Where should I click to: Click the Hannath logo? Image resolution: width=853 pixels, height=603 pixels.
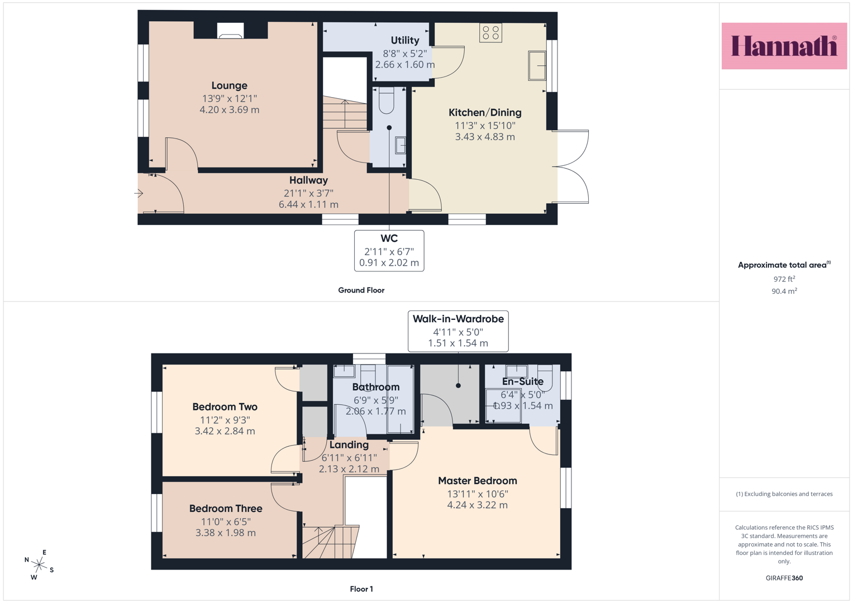pos(784,46)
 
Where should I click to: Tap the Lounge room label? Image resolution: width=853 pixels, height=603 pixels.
pos(229,85)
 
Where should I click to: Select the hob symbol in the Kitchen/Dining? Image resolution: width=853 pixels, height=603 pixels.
pos(490,33)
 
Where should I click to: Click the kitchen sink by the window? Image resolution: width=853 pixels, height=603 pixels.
pos(537,66)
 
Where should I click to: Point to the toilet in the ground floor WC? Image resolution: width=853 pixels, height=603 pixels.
pos(387,100)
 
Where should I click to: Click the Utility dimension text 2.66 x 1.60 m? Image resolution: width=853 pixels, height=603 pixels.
pos(405,65)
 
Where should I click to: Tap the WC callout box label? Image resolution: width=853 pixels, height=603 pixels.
pos(389,238)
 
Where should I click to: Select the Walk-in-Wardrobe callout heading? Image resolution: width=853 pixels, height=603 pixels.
pos(458,319)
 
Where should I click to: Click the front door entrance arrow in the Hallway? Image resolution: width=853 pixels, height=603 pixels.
pos(139,193)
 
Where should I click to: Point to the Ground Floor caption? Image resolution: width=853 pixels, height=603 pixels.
pos(361,290)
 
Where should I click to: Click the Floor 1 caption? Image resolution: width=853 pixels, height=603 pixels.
pos(361,589)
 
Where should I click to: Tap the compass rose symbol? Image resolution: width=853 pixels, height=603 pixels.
pos(39,564)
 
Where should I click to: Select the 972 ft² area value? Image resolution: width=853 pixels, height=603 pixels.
pos(784,279)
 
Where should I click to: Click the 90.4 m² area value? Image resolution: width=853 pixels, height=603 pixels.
pos(784,291)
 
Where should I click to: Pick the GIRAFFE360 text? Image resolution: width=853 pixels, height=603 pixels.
pos(784,578)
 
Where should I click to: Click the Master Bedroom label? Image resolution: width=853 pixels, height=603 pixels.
pos(478,481)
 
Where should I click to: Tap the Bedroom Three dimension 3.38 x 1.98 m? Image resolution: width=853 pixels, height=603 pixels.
pos(226,533)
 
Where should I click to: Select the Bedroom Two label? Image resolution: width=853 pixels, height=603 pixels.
pos(225,407)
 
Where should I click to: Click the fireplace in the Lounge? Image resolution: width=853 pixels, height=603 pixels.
pos(230,31)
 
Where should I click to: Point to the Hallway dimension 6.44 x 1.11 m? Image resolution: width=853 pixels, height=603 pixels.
pos(308,204)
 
